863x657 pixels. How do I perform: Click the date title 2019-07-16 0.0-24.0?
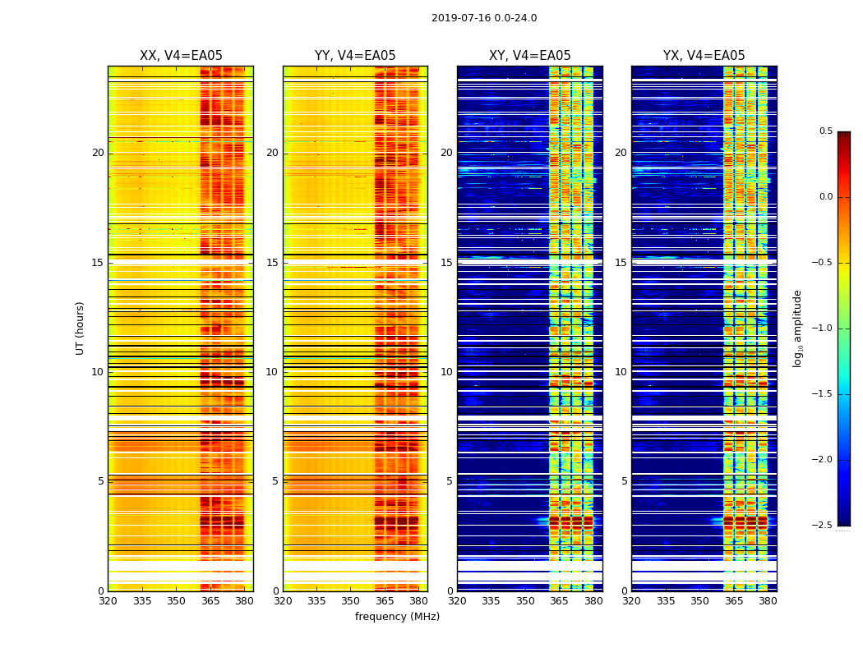click(484, 18)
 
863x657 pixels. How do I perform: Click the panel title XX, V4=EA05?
click(181, 56)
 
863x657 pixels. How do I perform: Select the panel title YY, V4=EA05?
click(355, 56)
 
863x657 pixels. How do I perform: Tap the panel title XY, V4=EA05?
click(530, 56)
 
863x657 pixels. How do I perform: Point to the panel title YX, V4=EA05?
click(704, 56)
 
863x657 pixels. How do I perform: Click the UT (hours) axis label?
click(81, 328)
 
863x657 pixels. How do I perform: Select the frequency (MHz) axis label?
click(397, 617)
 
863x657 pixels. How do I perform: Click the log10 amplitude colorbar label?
click(798, 328)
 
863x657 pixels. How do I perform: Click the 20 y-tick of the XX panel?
click(98, 153)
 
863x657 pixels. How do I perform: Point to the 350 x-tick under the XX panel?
click(177, 601)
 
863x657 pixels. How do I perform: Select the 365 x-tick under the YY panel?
click(385, 601)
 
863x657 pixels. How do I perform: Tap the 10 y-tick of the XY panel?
click(447, 372)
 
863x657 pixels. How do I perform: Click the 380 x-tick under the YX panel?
click(768, 601)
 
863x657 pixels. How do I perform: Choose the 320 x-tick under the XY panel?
click(458, 601)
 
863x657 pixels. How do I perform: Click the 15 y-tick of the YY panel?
click(273, 263)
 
